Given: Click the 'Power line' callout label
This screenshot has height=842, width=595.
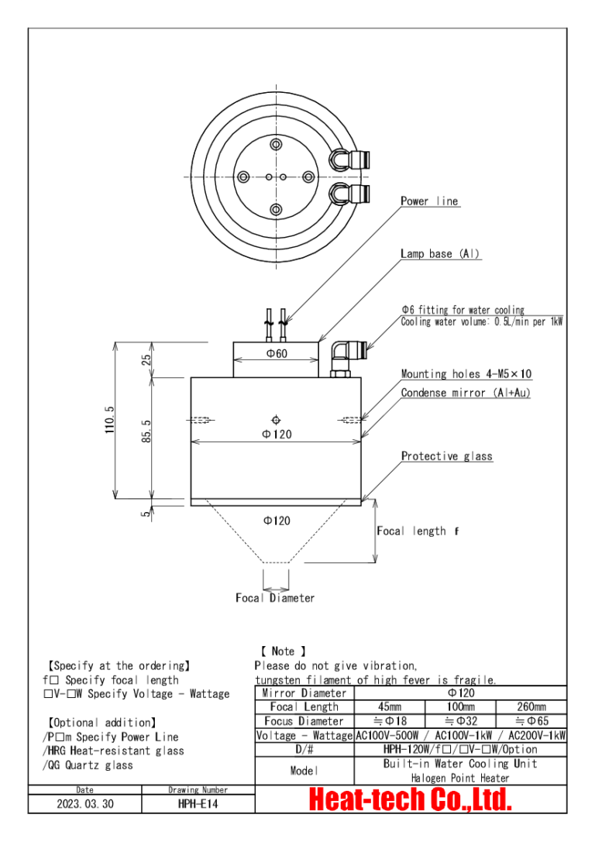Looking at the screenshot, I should [x=429, y=201].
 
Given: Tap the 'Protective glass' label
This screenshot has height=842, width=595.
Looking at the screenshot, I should [x=446, y=456].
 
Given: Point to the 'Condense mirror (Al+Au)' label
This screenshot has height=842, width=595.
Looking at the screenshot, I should [x=466, y=393].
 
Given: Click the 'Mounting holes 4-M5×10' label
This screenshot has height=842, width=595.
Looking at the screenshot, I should [x=466, y=374].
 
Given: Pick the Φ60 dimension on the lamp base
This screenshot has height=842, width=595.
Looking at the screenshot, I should [x=276, y=354].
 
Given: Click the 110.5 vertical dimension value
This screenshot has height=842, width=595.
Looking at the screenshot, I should [x=109, y=420].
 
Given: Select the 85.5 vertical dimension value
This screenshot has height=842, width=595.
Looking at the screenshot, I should [x=146, y=432].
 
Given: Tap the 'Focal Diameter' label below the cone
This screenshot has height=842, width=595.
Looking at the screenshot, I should [x=275, y=598].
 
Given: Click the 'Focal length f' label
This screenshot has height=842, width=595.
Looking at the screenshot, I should [x=417, y=531].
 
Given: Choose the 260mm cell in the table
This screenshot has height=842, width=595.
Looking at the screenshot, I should [x=531, y=707].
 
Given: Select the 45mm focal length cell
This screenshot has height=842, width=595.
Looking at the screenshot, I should [x=389, y=707].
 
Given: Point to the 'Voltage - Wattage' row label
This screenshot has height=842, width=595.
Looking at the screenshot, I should [x=304, y=735].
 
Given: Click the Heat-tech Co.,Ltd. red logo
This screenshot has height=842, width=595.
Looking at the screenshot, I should [x=411, y=799].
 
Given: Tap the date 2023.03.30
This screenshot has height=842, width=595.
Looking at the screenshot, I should [x=84, y=804].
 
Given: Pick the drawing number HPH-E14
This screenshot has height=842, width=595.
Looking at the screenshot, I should [x=198, y=804].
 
